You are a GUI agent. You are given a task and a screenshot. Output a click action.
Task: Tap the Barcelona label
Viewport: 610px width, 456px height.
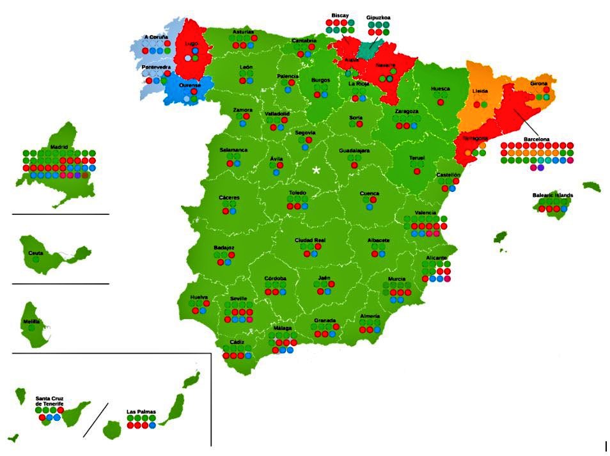(536, 138)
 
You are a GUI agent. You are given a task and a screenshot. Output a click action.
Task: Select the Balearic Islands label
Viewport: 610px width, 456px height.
(552, 194)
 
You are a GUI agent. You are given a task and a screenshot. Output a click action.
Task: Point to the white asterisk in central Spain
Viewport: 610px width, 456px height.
(316, 170)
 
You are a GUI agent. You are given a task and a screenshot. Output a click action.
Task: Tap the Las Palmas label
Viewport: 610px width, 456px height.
(141, 411)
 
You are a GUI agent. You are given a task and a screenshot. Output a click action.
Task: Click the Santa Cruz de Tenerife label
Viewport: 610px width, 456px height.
(49, 402)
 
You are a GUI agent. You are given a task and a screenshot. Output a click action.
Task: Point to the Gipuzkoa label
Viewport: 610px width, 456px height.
(379, 19)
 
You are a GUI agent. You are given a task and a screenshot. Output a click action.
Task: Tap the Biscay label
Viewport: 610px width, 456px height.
(340, 15)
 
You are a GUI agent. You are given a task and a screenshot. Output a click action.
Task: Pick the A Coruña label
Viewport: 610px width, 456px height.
(156, 37)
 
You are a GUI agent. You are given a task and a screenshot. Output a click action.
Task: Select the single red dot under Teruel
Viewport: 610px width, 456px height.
(417, 171)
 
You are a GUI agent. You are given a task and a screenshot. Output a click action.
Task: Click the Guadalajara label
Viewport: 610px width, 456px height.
(354, 150)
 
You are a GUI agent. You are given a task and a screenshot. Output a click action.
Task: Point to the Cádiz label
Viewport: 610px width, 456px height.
(237, 342)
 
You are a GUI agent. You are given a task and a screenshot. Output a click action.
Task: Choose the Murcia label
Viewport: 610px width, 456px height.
(396, 279)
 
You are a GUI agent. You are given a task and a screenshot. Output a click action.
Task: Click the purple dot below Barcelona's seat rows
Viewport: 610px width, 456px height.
(541, 168)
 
